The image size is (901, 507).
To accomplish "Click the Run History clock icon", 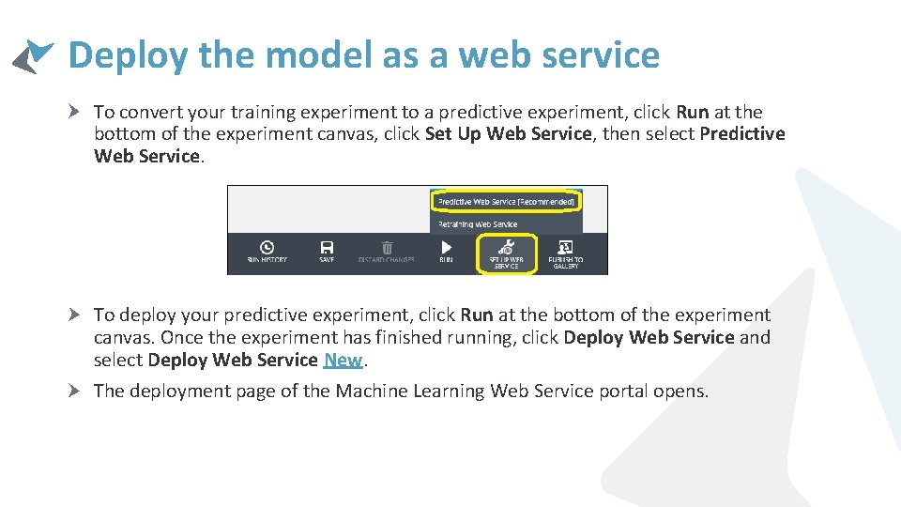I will click(x=267, y=247).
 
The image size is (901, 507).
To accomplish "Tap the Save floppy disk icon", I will click(x=327, y=247).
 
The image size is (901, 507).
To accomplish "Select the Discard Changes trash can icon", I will click(x=387, y=247).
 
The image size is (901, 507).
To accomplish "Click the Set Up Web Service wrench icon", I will click(x=505, y=248).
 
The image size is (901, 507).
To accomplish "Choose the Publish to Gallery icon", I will click(x=565, y=247).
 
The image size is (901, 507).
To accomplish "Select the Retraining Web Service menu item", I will click(x=478, y=224).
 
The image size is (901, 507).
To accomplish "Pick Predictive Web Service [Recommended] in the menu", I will click(x=505, y=201).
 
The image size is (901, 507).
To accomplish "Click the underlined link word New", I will click(x=343, y=361).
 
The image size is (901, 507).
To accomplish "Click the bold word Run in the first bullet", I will click(x=693, y=113).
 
